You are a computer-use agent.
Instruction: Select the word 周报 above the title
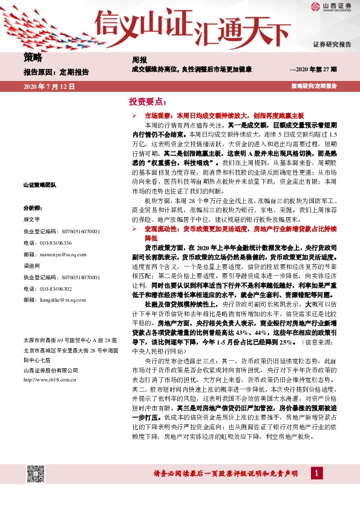click(139, 60)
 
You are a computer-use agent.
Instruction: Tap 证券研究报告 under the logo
click(332, 45)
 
